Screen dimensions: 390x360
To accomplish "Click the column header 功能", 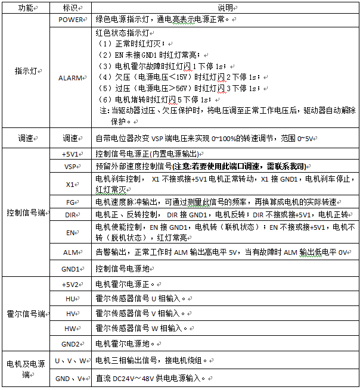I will click(25, 8).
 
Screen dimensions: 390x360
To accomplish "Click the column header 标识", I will click(70, 8).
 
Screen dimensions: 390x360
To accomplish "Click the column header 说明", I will click(225, 8).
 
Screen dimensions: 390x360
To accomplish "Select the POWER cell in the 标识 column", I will click(70, 20).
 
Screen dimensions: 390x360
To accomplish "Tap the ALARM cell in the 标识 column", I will click(70, 77).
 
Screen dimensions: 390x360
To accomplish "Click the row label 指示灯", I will click(25, 71).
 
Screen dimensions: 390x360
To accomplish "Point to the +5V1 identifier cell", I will click(70, 154).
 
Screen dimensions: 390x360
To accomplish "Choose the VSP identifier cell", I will click(70, 167).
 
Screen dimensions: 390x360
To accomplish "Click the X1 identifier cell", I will click(70, 185).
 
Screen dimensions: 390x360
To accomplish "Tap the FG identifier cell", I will click(70, 202).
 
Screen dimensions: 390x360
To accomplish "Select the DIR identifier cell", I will click(70, 214).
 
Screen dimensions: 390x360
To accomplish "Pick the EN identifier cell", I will click(70, 232).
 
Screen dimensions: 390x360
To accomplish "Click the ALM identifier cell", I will click(70, 252).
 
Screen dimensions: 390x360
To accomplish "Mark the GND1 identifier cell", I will click(70, 269).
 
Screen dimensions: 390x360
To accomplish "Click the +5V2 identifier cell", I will click(70, 284).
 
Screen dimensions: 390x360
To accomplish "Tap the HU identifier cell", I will click(70, 298).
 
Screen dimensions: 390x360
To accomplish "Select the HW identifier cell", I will click(70, 328).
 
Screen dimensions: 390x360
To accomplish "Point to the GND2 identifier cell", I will click(70, 344).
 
